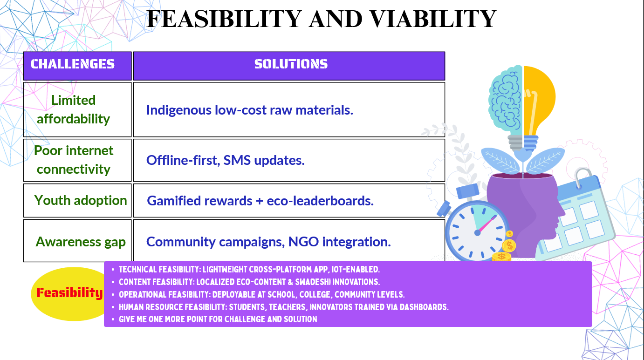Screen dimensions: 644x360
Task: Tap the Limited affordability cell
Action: (x=77, y=109)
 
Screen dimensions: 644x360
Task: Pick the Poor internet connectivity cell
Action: (x=77, y=160)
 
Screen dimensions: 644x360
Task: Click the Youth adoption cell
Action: (x=77, y=201)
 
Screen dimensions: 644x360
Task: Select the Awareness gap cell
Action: (x=77, y=241)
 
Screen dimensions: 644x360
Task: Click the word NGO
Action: (x=303, y=241)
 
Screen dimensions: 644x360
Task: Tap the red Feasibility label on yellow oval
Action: (x=69, y=293)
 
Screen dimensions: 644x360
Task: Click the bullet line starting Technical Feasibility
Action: (x=249, y=270)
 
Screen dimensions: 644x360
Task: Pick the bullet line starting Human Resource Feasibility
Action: (x=283, y=307)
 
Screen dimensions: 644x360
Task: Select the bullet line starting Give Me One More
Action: (x=218, y=319)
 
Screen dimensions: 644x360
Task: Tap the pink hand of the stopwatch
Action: (x=486, y=224)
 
